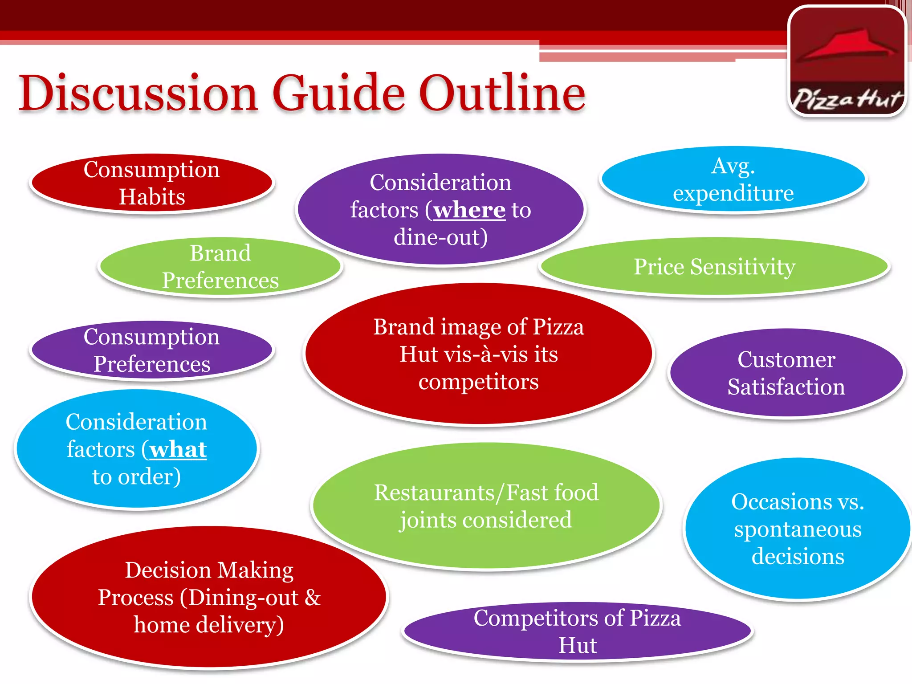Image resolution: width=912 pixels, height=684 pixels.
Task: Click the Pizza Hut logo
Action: [847, 61]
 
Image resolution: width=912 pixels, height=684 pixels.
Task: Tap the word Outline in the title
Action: [502, 94]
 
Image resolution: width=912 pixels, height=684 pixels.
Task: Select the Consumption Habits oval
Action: [151, 183]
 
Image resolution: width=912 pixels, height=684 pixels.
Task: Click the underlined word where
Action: [469, 210]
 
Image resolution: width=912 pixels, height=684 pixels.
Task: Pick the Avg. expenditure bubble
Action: [733, 179]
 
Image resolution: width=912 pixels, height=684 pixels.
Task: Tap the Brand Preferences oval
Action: [220, 267]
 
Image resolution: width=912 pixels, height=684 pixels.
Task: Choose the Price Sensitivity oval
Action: [714, 267]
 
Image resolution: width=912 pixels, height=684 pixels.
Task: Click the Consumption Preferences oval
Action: [151, 350]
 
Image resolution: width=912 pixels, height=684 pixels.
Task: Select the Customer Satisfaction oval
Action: [786, 373]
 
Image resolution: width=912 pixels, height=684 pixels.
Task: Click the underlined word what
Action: [178, 450]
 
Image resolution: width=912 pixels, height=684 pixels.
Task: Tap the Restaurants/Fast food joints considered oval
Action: [486, 506]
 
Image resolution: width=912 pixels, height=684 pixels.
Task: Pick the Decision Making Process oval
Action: [209, 597]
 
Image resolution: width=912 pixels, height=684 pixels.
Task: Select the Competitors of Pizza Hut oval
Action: [577, 631]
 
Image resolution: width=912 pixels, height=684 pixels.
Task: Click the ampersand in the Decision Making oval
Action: [313, 598]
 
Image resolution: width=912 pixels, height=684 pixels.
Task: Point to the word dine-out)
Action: [440, 237]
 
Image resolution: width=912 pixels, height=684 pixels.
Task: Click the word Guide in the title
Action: [338, 94]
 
